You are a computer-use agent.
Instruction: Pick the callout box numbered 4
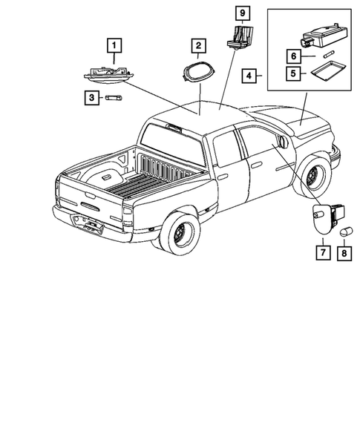click(x=249, y=75)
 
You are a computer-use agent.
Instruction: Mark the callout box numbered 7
click(x=324, y=253)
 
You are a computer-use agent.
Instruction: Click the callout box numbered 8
click(x=343, y=253)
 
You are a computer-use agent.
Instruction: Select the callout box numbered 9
click(x=240, y=13)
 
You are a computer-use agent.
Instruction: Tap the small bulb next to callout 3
click(x=113, y=97)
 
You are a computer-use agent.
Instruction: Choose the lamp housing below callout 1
click(x=110, y=73)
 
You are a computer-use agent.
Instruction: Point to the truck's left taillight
click(x=128, y=217)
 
